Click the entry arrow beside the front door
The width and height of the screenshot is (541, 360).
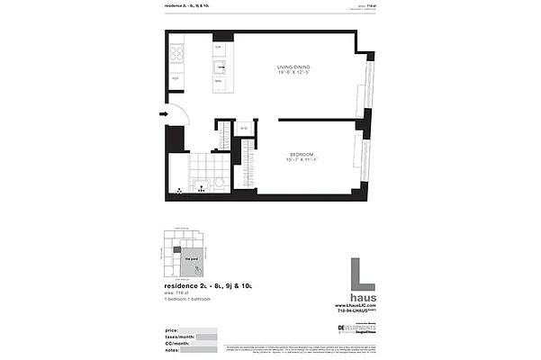click(x=164, y=114)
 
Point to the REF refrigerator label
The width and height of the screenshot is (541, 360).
click(x=176, y=79)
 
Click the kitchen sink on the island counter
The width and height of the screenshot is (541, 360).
click(x=219, y=67)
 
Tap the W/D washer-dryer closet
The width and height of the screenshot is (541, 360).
click(x=244, y=129)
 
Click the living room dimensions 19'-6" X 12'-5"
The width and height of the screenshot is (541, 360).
click(x=294, y=75)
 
